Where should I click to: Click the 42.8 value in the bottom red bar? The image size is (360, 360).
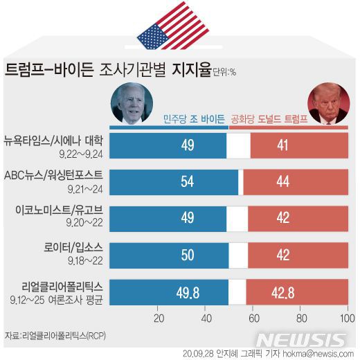[x=302, y=291]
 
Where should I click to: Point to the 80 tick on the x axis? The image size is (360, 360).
[x=300, y=319]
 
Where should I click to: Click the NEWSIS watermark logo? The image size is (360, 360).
[x=302, y=340]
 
